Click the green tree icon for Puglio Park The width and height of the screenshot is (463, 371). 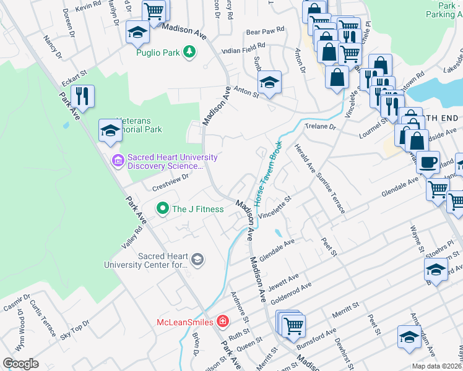pyautogui.click(x=191, y=52)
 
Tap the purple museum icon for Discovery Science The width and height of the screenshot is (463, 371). pyautogui.click(x=118, y=161)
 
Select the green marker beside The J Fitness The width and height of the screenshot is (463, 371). pyautogui.click(x=162, y=208)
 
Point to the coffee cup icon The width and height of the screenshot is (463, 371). pyautogui.click(x=427, y=163)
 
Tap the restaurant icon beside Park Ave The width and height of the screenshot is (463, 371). pyautogui.click(x=82, y=96)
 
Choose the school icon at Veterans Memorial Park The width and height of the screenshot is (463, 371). pyautogui.click(x=110, y=130)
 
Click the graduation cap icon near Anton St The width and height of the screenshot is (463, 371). pyautogui.click(x=270, y=82)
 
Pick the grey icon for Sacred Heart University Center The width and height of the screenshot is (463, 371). pyautogui.click(x=197, y=259)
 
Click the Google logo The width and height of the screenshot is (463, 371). pyautogui.click(x=20, y=364)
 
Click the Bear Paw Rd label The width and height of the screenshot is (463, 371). pyautogui.click(x=264, y=30)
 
